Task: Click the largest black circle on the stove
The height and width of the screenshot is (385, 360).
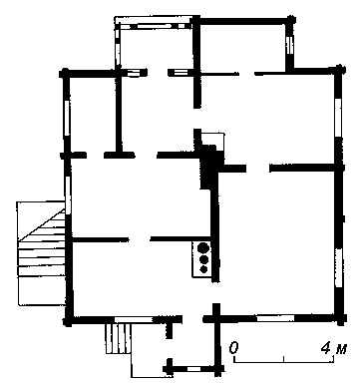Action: click(x=203, y=248)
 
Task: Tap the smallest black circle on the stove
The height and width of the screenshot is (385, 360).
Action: click(x=203, y=269)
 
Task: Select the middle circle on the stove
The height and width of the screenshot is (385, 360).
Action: click(x=203, y=259)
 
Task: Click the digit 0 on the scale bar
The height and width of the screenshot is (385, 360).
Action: click(x=233, y=348)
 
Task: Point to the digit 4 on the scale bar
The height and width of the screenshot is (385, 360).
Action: click(x=326, y=348)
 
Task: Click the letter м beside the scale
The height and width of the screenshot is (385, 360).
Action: click(x=341, y=349)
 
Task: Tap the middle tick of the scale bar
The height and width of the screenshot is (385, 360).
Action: click(x=283, y=359)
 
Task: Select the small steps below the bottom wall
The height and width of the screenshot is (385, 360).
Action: click(x=119, y=338)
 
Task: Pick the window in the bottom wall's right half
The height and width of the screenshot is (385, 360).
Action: click(x=275, y=318)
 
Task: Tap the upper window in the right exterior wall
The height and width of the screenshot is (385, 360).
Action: click(x=338, y=118)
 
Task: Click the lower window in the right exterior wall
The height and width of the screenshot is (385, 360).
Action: click(x=339, y=267)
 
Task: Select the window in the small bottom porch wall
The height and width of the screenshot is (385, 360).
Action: click(x=193, y=369)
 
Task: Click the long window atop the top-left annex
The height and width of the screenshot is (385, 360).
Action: click(x=152, y=26)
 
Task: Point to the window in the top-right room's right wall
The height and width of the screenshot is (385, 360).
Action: click(x=289, y=46)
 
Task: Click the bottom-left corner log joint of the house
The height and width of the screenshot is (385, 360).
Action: click(x=68, y=321)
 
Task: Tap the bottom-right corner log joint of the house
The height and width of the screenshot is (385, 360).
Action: click(x=340, y=319)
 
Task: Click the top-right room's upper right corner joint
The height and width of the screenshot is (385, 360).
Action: click(x=290, y=21)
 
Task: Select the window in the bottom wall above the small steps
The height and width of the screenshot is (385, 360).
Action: click(x=134, y=319)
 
